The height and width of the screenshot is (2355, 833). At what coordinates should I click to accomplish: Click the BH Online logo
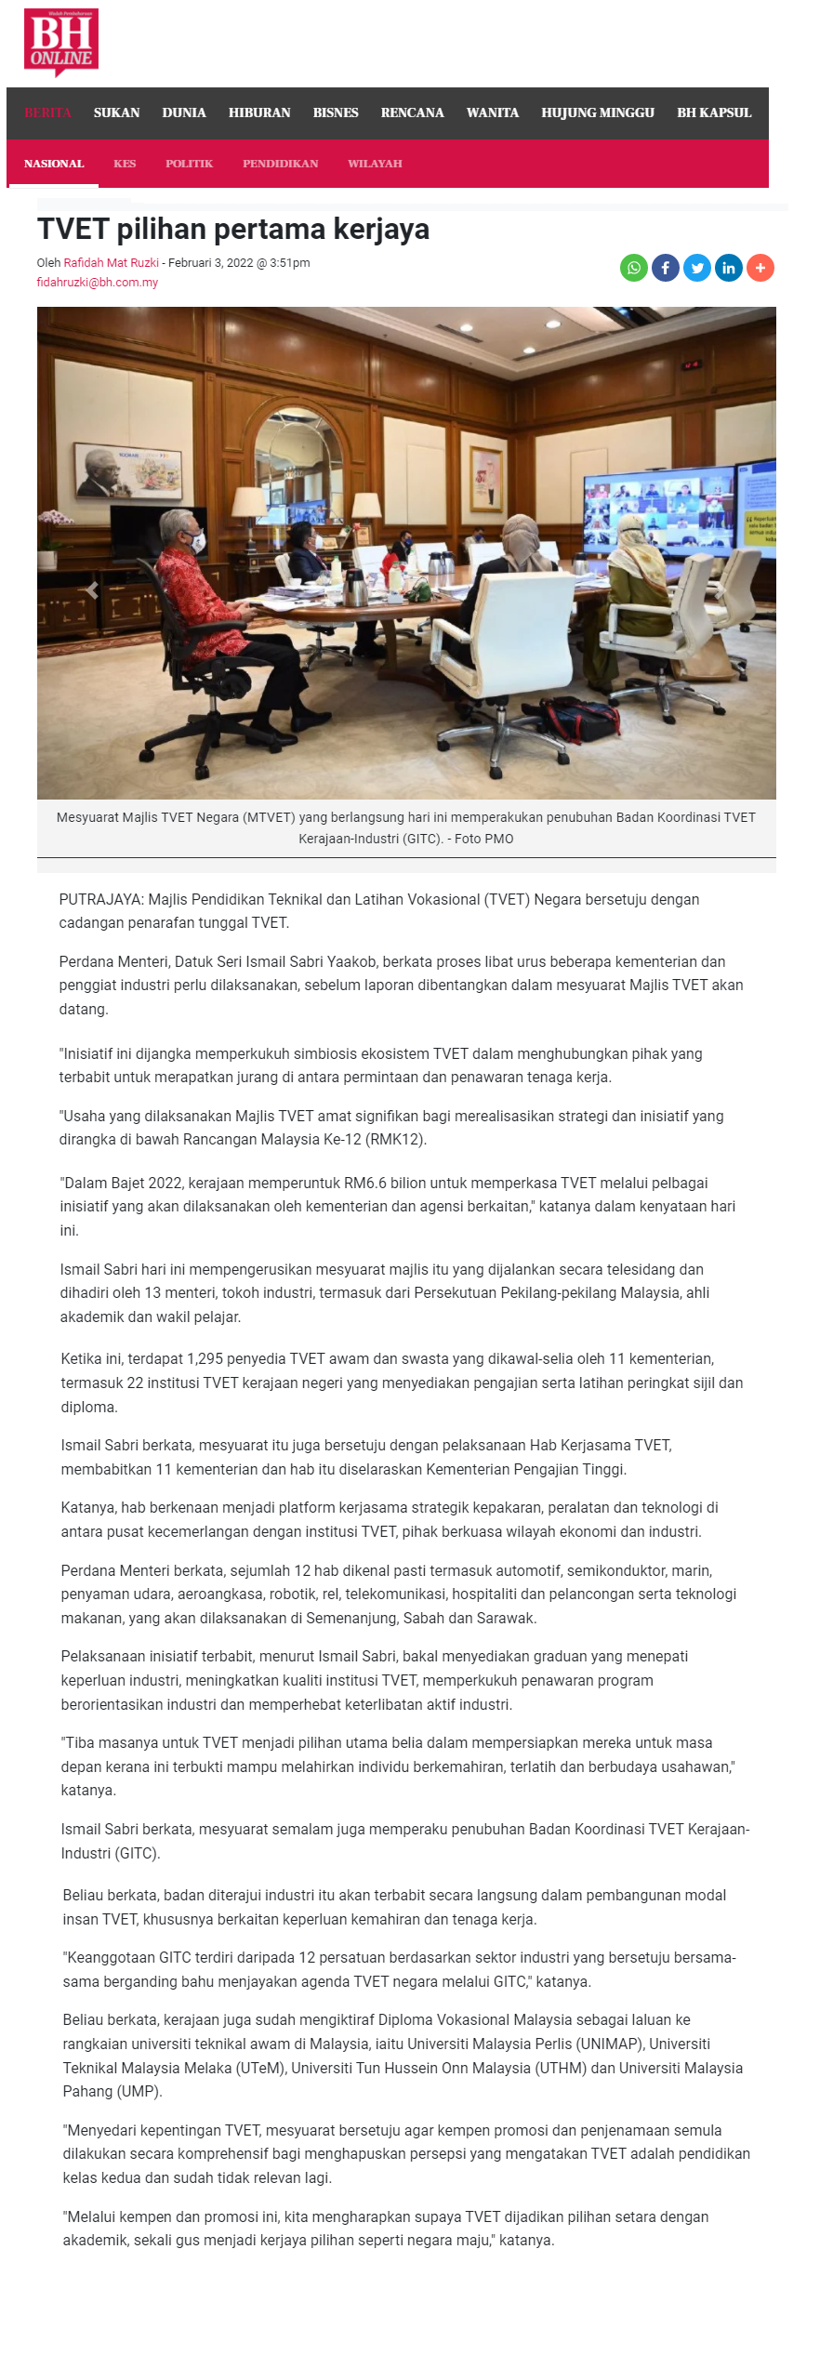click(x=61, y=42)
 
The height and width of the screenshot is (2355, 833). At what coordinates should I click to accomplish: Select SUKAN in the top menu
click(x=116, y=112)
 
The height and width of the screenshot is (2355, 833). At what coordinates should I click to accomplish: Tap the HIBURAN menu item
click(x=259, y=112)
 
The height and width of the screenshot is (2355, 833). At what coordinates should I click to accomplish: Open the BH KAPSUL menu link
click(x=713, y=112)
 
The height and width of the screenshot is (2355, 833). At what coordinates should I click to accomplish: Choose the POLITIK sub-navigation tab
click(x=189, y=164)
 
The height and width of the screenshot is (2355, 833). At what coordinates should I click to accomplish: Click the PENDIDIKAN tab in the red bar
click(x=280, y=164)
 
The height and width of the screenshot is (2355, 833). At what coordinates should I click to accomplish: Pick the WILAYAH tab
click(x=375, y=164)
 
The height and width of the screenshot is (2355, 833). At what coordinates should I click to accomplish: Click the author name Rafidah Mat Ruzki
click(x=111, y=263)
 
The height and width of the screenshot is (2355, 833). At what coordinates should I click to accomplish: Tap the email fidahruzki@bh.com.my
click(x=98, y=283)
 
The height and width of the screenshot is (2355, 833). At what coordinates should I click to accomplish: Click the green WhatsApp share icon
click(x=634, y=268)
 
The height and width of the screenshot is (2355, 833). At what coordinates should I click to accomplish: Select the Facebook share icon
click(x=666, y=268)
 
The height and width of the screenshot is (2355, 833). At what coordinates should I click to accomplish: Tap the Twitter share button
click(x=697, y=268)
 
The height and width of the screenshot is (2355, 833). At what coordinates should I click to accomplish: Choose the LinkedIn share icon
click(x=729, y=268)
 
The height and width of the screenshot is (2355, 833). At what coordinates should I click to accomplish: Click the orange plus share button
click(x=760, y=268)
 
